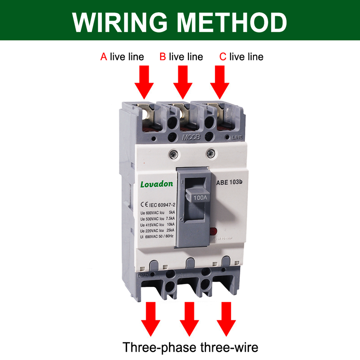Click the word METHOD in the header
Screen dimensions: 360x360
coord(232,22)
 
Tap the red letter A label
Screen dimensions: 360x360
coord(103,57)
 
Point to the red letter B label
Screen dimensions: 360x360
coord(163,57)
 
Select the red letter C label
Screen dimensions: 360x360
coord(223,57)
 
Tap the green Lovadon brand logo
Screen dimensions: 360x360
coord(157,184)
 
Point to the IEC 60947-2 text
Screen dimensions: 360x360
coord(162,205)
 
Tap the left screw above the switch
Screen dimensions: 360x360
coord(173,153)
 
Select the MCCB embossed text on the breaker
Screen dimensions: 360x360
coord(191,138)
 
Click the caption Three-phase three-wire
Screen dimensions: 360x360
coord(190,347)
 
